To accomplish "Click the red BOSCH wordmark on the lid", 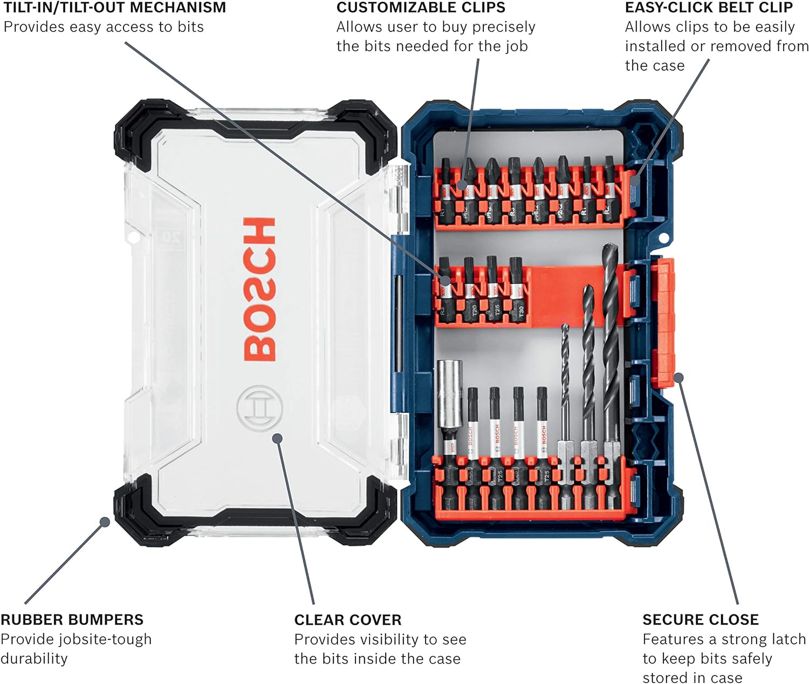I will click(259, 289).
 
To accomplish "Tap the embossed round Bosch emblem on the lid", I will click(259, 408).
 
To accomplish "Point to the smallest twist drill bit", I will click(565, 388).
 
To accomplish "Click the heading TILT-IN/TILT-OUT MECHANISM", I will click(115, 8).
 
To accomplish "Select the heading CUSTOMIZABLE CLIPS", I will click(421, 8).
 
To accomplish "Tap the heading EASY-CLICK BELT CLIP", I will click(708, 8).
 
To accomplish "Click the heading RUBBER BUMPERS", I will click(72, 619).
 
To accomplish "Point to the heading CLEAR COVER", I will click(347, 620).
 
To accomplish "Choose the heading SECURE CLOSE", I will click(700, 619).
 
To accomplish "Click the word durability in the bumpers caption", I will click(34, 659).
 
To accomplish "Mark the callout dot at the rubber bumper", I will click(105, 522).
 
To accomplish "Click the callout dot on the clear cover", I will click(277, 437).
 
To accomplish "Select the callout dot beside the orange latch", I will click(678, 378).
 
